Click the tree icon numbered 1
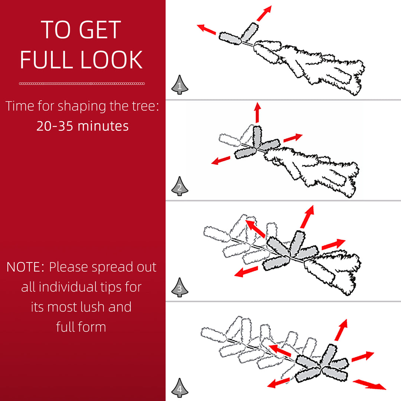click(x=180, y=85)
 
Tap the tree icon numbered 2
click(x=180, y=186)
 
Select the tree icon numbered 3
click(x=180, y=287)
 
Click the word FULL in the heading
click(x=47, y=59)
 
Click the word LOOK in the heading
click(x=111, y=59)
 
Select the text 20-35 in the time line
click(x=55, y=126)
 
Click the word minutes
click(x=103, y=126)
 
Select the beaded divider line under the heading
click(x=82, y=84)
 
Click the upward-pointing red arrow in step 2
click(x=258, y=113)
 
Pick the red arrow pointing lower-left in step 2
click(x=221, y=160)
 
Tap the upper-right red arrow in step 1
click(x=264, y=13)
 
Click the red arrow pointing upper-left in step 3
click(x=255, y=229)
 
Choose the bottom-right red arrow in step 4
click(x=369, y=385)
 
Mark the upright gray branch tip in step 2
click(x=257, y=137)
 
